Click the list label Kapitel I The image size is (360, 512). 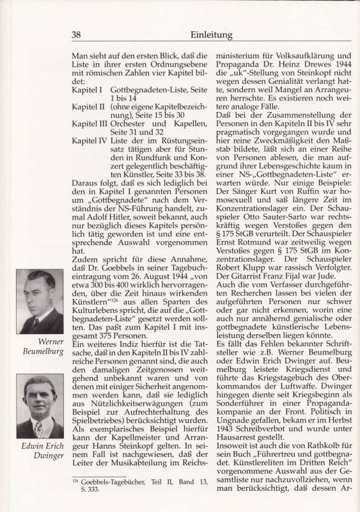tap(88, 91)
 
